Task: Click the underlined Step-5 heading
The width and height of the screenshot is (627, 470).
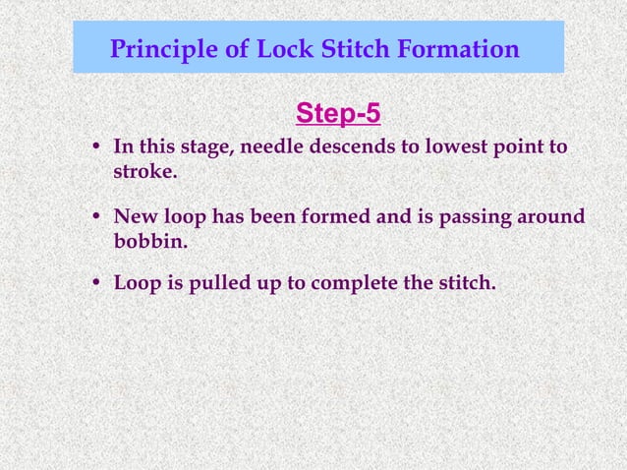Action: [x=338, y=115]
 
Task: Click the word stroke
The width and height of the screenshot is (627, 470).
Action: [x=143, y=173]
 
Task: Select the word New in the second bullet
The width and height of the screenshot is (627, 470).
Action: [x=135, y=216]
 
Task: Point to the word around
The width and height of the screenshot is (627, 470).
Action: [x=550, y=216]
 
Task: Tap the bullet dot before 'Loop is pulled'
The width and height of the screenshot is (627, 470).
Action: [x=96, y=285]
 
